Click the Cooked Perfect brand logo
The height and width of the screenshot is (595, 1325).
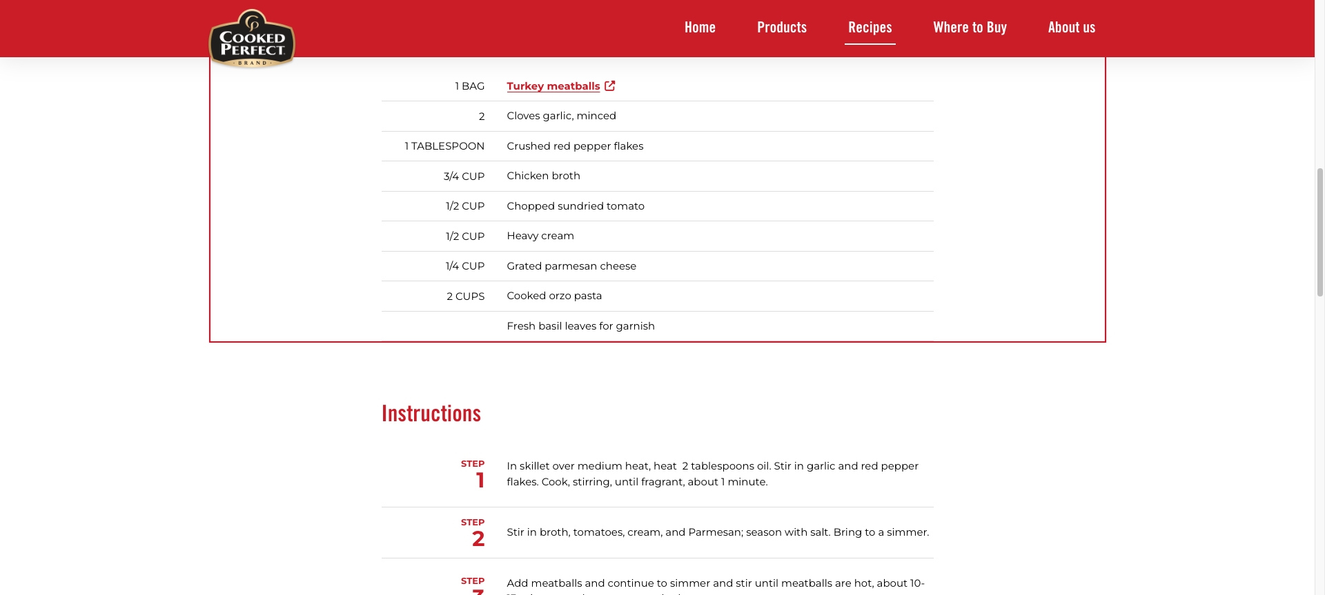pyautogui.click(x=252, y=39)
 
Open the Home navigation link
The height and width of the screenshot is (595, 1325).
pyautogui.click(x=700, y=28)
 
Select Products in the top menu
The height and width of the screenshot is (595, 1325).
pyautogui.click(x=782, y=28)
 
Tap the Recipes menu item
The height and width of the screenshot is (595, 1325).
pyautogui.click(x=870, y=28)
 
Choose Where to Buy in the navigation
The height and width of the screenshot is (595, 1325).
pyautogui.click(x=970, y=28)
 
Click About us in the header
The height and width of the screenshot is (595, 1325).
pyautogui.click(x=1071, y=28)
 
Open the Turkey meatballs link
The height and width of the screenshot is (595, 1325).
pyautogui.click(x=553, y=86)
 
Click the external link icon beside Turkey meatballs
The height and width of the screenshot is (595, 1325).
pyautogui.click(x=610, y=85)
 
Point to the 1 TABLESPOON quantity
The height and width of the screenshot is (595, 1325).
pyautogui.click(x=444, y=146)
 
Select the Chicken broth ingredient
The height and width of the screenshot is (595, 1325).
pyautogui.click(x=543, y=176)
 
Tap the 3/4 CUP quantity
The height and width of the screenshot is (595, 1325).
pyautogui.click(x=464, y=177)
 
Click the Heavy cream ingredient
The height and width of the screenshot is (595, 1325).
pyautogui.click(x=540, y=236)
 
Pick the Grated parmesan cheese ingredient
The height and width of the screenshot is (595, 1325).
pyautogui.click(x=571, y=266)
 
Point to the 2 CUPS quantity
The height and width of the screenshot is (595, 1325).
pyautogui.click(x=465, y=296)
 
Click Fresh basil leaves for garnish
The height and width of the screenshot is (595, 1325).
pyautogui.click(x=580, y=326)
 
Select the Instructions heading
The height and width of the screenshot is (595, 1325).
pyautogui.click(x=431, y=414)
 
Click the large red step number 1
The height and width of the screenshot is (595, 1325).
pyautogui.click(x=480, y=480)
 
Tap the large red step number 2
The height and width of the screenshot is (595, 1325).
pyautogui.click(x=478, y=538)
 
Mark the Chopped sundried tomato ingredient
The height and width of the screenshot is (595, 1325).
pyautogui.click(x=576, y=206)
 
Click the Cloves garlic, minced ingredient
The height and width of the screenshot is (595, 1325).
pyautogui.click(x=561, y=116)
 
